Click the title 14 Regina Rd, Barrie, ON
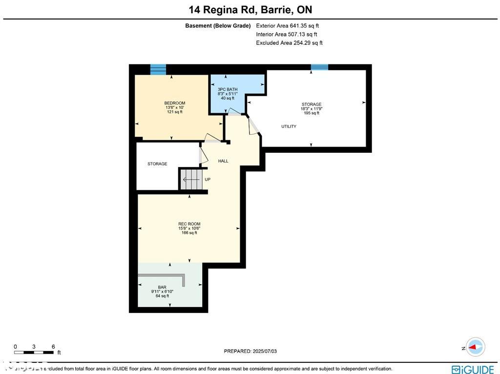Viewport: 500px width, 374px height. [x=250, y=10]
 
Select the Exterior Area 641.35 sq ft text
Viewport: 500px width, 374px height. [x=287, y=26]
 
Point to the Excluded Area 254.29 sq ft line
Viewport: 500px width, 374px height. [x=289, y=43]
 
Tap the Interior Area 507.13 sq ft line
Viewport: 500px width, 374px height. [x=286, y=35]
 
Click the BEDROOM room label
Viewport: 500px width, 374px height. [x=174, y=103]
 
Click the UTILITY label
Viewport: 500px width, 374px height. [x=289, y=126]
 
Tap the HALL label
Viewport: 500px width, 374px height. [x=223, y=161]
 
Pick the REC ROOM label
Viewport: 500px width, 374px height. [x=189, y=224]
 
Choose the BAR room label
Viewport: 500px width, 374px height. [x=162, y=287]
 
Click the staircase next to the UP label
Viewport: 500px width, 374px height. [x=191, y=179]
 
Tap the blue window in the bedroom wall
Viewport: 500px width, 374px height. [x=158, y=69]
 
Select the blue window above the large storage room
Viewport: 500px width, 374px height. [x=319, y=67]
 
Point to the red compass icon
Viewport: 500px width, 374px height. [x=475, y=347]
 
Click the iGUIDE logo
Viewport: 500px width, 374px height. [x=473, y=369]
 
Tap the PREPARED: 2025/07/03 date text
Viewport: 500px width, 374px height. [x=253, y=351]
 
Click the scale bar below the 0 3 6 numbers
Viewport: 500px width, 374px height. [x=34, y=352]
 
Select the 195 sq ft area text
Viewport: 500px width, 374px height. [x=311, y=113]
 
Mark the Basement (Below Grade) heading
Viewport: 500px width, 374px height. [x=218, y=26]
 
